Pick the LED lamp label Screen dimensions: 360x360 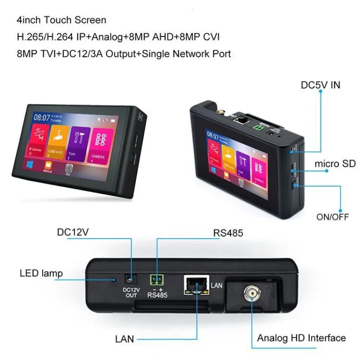41,273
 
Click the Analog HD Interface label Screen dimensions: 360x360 301,338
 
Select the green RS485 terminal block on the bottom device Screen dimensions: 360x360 157,280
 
